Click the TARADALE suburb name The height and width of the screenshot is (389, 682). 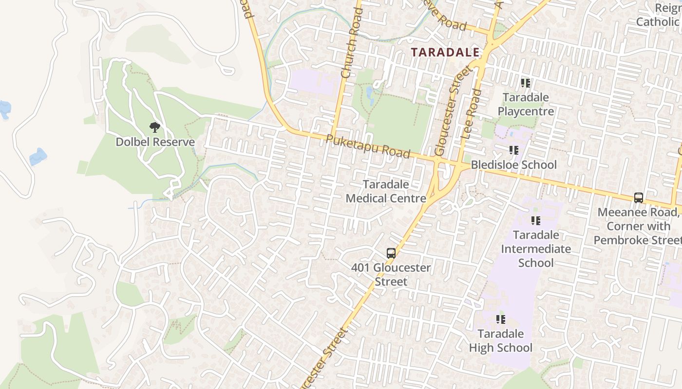point(445,53)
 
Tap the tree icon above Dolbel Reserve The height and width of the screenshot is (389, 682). point(155,128)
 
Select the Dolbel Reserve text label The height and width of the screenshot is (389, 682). point(155,142)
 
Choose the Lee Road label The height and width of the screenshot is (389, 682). point(470,115)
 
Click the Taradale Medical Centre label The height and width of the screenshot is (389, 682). point(386,192)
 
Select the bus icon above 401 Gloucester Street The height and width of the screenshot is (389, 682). point(391,253)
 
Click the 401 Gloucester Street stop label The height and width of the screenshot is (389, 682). point(391,274)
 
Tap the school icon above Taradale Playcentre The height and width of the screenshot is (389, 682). point(526,83)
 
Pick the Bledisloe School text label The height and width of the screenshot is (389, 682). point(513,165)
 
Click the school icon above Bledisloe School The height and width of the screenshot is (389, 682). point(513,150)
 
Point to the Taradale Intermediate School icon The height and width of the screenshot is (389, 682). point(536,221)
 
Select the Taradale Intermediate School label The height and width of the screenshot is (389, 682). point(536,249)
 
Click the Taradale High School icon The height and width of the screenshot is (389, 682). point(500,319)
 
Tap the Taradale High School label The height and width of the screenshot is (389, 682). point(500,341)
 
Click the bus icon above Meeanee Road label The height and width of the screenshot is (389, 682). point(639,198)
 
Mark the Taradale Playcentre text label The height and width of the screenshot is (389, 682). point(526,105)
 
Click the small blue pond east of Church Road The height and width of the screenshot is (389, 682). point(370,92)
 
